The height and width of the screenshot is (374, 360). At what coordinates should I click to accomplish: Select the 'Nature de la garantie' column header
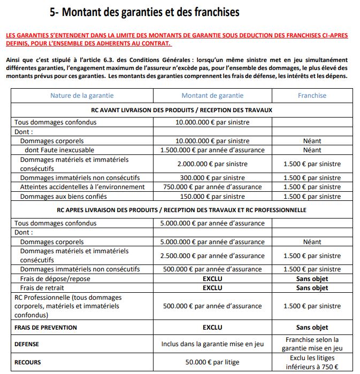tap(82, 96)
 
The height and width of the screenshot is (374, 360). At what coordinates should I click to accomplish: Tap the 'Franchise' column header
tap(312, 96)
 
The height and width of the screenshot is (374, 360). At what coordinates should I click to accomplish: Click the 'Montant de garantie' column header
tap(212, 96)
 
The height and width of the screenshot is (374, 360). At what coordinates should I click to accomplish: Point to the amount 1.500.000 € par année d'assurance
tap(212, 150)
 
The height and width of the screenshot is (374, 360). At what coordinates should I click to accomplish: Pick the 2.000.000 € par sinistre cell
tap(212, 164)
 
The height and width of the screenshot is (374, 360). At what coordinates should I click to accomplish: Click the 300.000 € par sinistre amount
tap(212, 178)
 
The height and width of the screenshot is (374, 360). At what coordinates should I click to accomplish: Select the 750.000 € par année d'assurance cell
tap(212, 187)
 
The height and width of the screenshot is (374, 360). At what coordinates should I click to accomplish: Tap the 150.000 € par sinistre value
tap(212, 196)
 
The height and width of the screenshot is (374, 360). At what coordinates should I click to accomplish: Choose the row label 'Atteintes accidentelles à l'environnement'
tap(82, 187)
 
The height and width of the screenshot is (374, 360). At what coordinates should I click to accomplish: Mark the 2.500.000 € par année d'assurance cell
tap(212, 255)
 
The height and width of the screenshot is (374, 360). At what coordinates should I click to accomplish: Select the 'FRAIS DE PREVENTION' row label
tap(45, 327)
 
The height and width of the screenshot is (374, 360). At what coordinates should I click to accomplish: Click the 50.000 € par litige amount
tap(212, 362)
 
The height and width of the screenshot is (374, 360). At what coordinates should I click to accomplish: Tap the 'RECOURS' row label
tap(28, 362)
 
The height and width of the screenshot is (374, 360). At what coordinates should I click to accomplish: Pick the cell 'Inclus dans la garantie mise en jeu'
tap(212, 344)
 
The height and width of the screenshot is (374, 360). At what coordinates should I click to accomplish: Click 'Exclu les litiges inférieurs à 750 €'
tap(312, 362)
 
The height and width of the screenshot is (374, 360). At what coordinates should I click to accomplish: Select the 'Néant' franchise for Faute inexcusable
tap(312, 150)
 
